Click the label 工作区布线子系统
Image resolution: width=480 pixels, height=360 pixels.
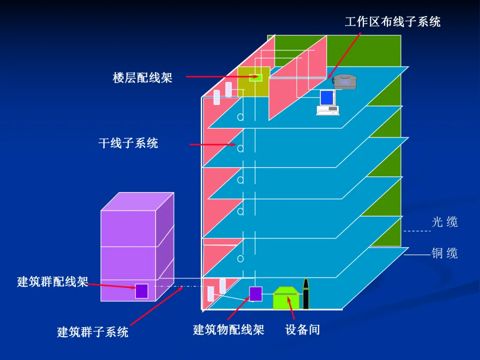tap(392, 21)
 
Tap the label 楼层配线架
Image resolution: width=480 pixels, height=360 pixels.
tap(142, 78)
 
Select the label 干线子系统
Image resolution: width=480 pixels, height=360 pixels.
tap(128, 143)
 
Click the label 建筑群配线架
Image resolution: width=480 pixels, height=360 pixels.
tap(52, 281)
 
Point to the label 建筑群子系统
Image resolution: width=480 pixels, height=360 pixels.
tap(92, 332)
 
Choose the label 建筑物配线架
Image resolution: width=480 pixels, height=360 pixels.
tap(228, 329)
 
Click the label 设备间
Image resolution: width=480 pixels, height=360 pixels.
tap(302, 329)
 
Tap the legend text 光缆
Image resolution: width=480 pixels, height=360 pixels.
tap(444, 222)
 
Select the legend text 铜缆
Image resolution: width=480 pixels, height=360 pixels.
tap(444, 254)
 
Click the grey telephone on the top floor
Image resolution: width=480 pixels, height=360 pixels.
tap(345, 82)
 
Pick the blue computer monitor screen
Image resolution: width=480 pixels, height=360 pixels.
tap(328, 97)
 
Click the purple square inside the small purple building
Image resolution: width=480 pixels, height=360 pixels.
tap(141, 291)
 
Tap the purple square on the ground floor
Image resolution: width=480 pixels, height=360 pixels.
tap(256, 294)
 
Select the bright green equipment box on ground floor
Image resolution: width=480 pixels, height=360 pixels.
tap(286, 299)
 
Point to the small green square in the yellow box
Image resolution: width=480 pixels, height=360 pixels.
tap(255, 77)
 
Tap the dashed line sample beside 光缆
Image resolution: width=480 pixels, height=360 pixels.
tap(416, 231)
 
